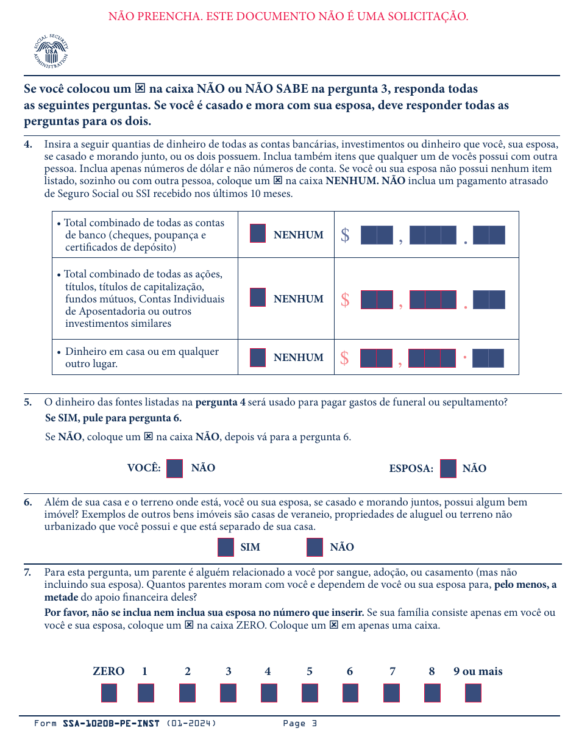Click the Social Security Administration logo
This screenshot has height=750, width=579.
pos(51,51)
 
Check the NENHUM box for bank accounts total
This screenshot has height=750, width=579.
pos(258,234)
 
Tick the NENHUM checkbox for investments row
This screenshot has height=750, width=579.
pos(258,298)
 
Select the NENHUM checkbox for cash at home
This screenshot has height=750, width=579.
pos(258,357)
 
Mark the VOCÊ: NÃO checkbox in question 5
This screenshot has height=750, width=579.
pos(174,468)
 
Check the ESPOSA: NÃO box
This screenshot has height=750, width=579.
pos(448,468)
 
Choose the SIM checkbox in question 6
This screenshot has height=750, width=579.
pos(226,547)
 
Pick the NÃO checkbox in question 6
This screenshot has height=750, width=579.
pos(314,547)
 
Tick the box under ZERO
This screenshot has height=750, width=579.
pos(109,693)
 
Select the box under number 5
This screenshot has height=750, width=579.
pos(310,693)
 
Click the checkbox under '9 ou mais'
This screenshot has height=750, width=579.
pos(473,693)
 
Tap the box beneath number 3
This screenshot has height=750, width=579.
pos(228,693)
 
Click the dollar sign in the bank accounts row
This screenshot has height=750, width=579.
pos(345,235)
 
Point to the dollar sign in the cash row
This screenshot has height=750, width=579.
pos(344,359)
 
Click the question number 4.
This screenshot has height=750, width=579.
pos(28,145)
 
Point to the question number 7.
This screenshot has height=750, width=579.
pos(28,573)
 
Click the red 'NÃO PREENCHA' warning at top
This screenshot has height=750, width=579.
pos(288,16)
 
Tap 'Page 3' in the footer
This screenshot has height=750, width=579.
pos(300,724)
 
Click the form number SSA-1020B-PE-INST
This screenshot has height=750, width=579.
pos(111,724)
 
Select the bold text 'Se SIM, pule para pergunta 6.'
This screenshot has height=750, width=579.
pos(113,418)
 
